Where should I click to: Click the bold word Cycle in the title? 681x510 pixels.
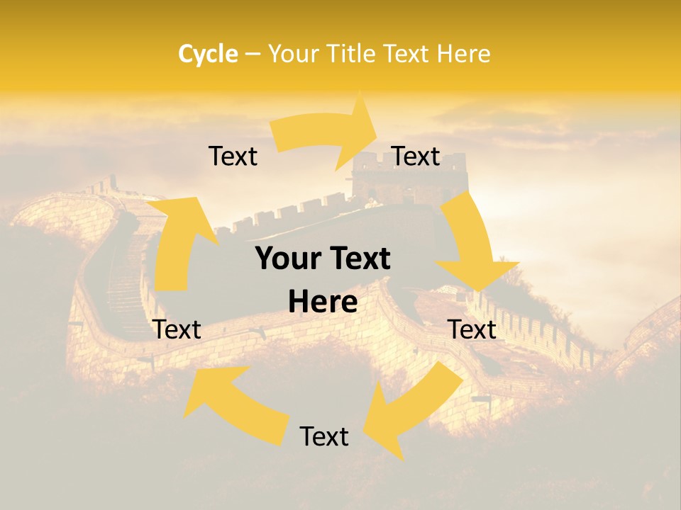(x=208, y=54)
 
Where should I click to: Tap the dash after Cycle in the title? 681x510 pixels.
(x=253, y=54)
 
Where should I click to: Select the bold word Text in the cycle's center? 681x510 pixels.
(x=358, y=259)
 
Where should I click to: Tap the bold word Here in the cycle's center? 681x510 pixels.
(x=323, y=302)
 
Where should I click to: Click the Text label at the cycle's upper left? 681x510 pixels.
(x=233, y=157)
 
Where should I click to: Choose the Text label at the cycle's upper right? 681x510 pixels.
(x=416, y=157)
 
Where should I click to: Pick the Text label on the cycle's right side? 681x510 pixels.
(x=472, y=329)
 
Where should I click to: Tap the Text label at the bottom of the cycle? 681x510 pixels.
(x=324, y=436)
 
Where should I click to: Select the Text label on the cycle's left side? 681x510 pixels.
(x=177, y=329)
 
